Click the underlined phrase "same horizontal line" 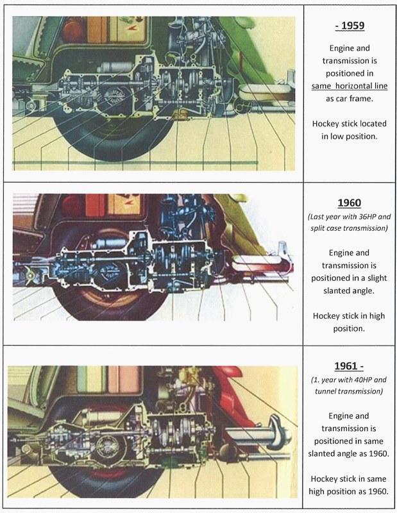pos(350,85)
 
